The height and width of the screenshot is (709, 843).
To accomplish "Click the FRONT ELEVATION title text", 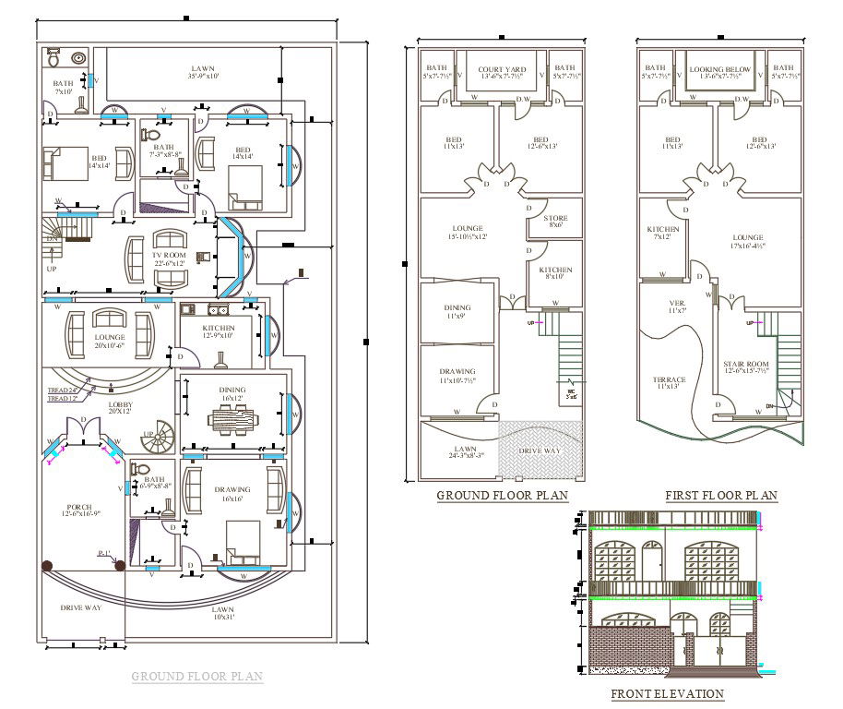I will click(667, 694).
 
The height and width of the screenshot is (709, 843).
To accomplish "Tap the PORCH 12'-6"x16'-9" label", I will click(83, 510).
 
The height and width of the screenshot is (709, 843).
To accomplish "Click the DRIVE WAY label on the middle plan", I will click(540, 451).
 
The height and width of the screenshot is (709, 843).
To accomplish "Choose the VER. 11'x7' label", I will click(677, 306).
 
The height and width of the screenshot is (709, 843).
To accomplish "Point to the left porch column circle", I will click(45, 566).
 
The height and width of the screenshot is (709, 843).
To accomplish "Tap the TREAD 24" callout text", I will click(62, 391).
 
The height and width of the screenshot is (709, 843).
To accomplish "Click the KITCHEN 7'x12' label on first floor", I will click(663, 233).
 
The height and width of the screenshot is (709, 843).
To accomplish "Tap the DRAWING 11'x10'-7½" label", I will click(457, 376).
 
